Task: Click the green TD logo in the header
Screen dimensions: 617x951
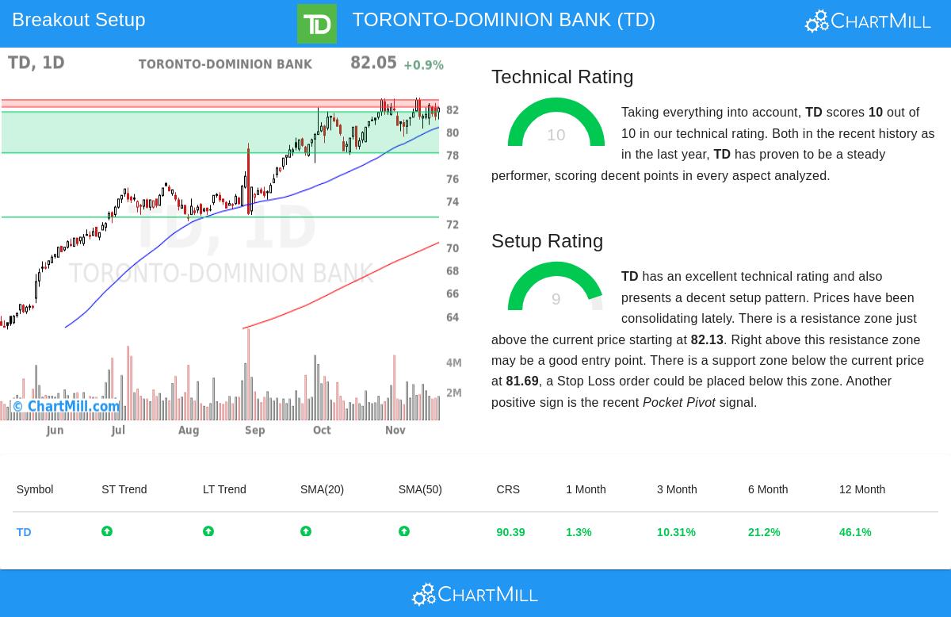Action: click(x=316, y=24)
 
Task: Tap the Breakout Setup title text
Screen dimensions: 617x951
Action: click(x=78, y=20)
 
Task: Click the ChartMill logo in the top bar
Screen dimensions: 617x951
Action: click(x=868, y=21)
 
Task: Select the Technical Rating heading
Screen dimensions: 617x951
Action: click(x=562, y=77)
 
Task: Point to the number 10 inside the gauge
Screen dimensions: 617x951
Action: click(x=556, y=135)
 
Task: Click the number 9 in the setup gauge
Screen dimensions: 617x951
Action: click(x=556, y=299)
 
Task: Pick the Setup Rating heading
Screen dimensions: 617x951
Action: click(x=547, y=241)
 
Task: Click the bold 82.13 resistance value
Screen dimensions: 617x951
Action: click(x=707, y=339)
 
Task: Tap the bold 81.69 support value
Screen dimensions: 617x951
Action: click(x=522, y=381)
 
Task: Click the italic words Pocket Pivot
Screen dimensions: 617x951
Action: click(x=678, y=403)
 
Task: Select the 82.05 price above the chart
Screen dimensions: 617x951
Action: click(x=373, y=63)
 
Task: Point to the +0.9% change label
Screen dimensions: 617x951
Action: click(x=423, y=65)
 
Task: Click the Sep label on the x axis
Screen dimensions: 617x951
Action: click(x=254, y=430)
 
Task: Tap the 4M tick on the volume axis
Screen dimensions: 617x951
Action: click(x=453, y=363)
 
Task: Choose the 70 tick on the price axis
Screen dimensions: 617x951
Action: click(x=453, y=248)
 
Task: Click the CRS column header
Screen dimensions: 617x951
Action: click(x=508, y=489)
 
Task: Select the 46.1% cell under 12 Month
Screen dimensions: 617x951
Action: click(x=855, y=532)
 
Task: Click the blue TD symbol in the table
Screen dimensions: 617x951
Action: click(x=24, y=532)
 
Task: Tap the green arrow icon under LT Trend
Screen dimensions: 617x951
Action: click(x=208, y=531)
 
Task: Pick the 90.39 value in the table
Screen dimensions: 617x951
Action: click(x=510, y=532)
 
